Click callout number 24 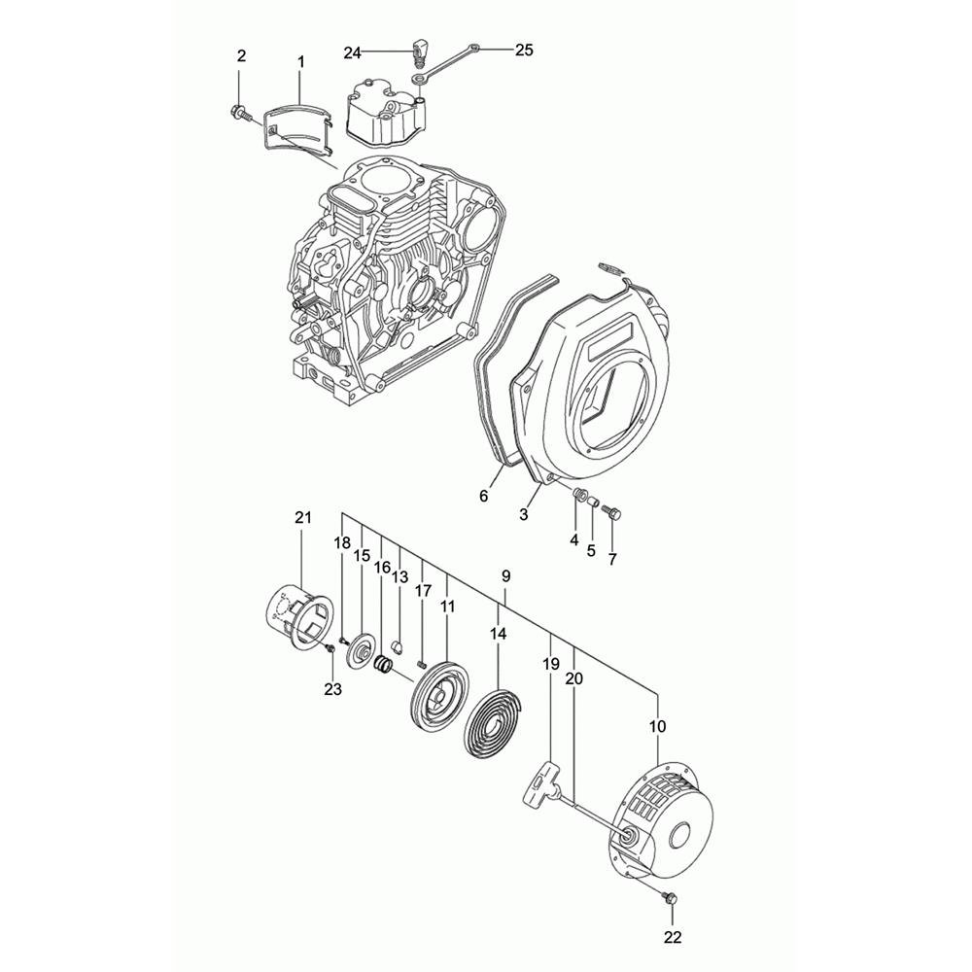(x=352, y=53)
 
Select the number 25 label (x=524, y=51)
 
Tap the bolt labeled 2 (x=239, y=113)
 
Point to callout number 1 (x=300, y=62)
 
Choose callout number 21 (x=302, y=518)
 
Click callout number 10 (x=658, y=726)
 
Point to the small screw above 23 (x=330, y=647)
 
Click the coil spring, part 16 (x=384, y=665)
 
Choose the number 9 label (x=505, y=576)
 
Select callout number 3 (x=524, y=514)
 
